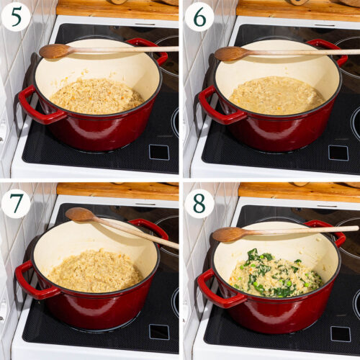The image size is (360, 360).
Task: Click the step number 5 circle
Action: coord(15,17)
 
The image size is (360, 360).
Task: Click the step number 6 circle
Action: coord(199,17)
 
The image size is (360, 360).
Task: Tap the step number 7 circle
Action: coord(15,204)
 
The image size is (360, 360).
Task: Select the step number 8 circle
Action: coord(199,204)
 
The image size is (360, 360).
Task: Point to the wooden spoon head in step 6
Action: coord(230,53)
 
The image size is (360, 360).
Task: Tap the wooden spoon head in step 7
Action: coord(81,214)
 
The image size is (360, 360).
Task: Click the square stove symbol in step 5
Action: coord(158,152)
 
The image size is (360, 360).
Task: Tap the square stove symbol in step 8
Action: coord(341,333)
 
